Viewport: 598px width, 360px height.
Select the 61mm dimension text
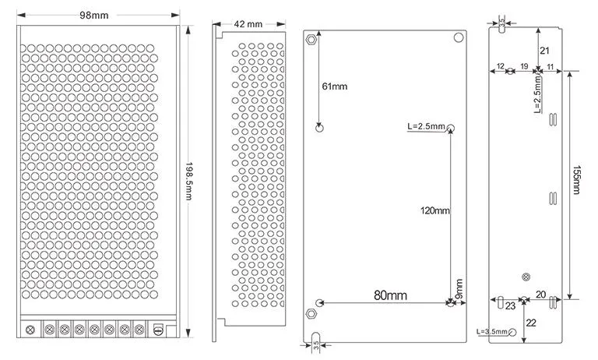click(x=334, y=86)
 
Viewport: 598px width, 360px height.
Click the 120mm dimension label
click(x=434, y=210)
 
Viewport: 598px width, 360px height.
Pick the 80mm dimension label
click(x=390, y=295)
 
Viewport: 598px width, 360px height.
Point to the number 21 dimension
click(x=544, y=50)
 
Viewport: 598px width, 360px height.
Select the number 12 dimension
click(x=501, y=65)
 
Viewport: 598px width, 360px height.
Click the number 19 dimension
click(x=524, y=65)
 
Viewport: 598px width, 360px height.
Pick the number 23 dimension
click(x=510, y=306)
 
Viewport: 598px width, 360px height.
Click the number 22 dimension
click(x=531, y=323)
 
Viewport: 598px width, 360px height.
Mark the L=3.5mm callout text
click(x=491, y=332)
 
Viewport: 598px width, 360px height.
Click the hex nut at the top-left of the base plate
click(x=312, y=39)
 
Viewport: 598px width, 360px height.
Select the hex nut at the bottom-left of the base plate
click(x=312, y=314)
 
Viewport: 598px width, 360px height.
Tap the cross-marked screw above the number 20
click(x=526, y=277)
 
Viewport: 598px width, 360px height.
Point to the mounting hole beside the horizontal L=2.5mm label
click(x=450, y=127)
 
